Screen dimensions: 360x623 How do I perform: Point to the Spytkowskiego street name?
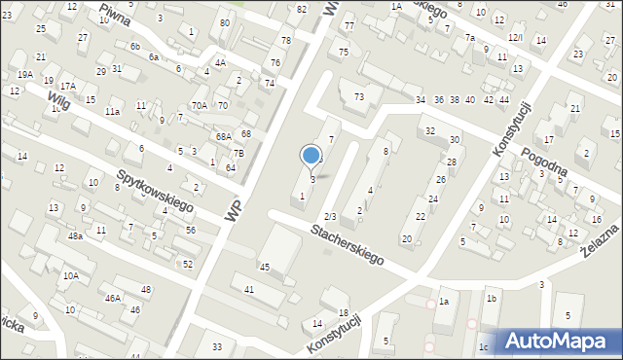click(156, 193)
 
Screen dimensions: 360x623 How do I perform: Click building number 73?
click(359, 96)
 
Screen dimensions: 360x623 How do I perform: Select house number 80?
click(225, 22)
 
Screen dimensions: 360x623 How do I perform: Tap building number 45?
click(264, 267)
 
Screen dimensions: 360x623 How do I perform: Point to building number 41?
click(249, 289)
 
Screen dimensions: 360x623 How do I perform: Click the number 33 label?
click(217, 346)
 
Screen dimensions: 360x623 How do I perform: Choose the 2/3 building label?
click(330, 215)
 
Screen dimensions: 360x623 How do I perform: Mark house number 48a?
click(75, 235)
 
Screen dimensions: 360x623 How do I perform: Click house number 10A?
click(71, 275)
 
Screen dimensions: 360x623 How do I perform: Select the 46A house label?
click(113, 298)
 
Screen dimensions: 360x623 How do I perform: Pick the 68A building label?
click(224, 137)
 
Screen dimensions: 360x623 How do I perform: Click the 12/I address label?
click(515, 37)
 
